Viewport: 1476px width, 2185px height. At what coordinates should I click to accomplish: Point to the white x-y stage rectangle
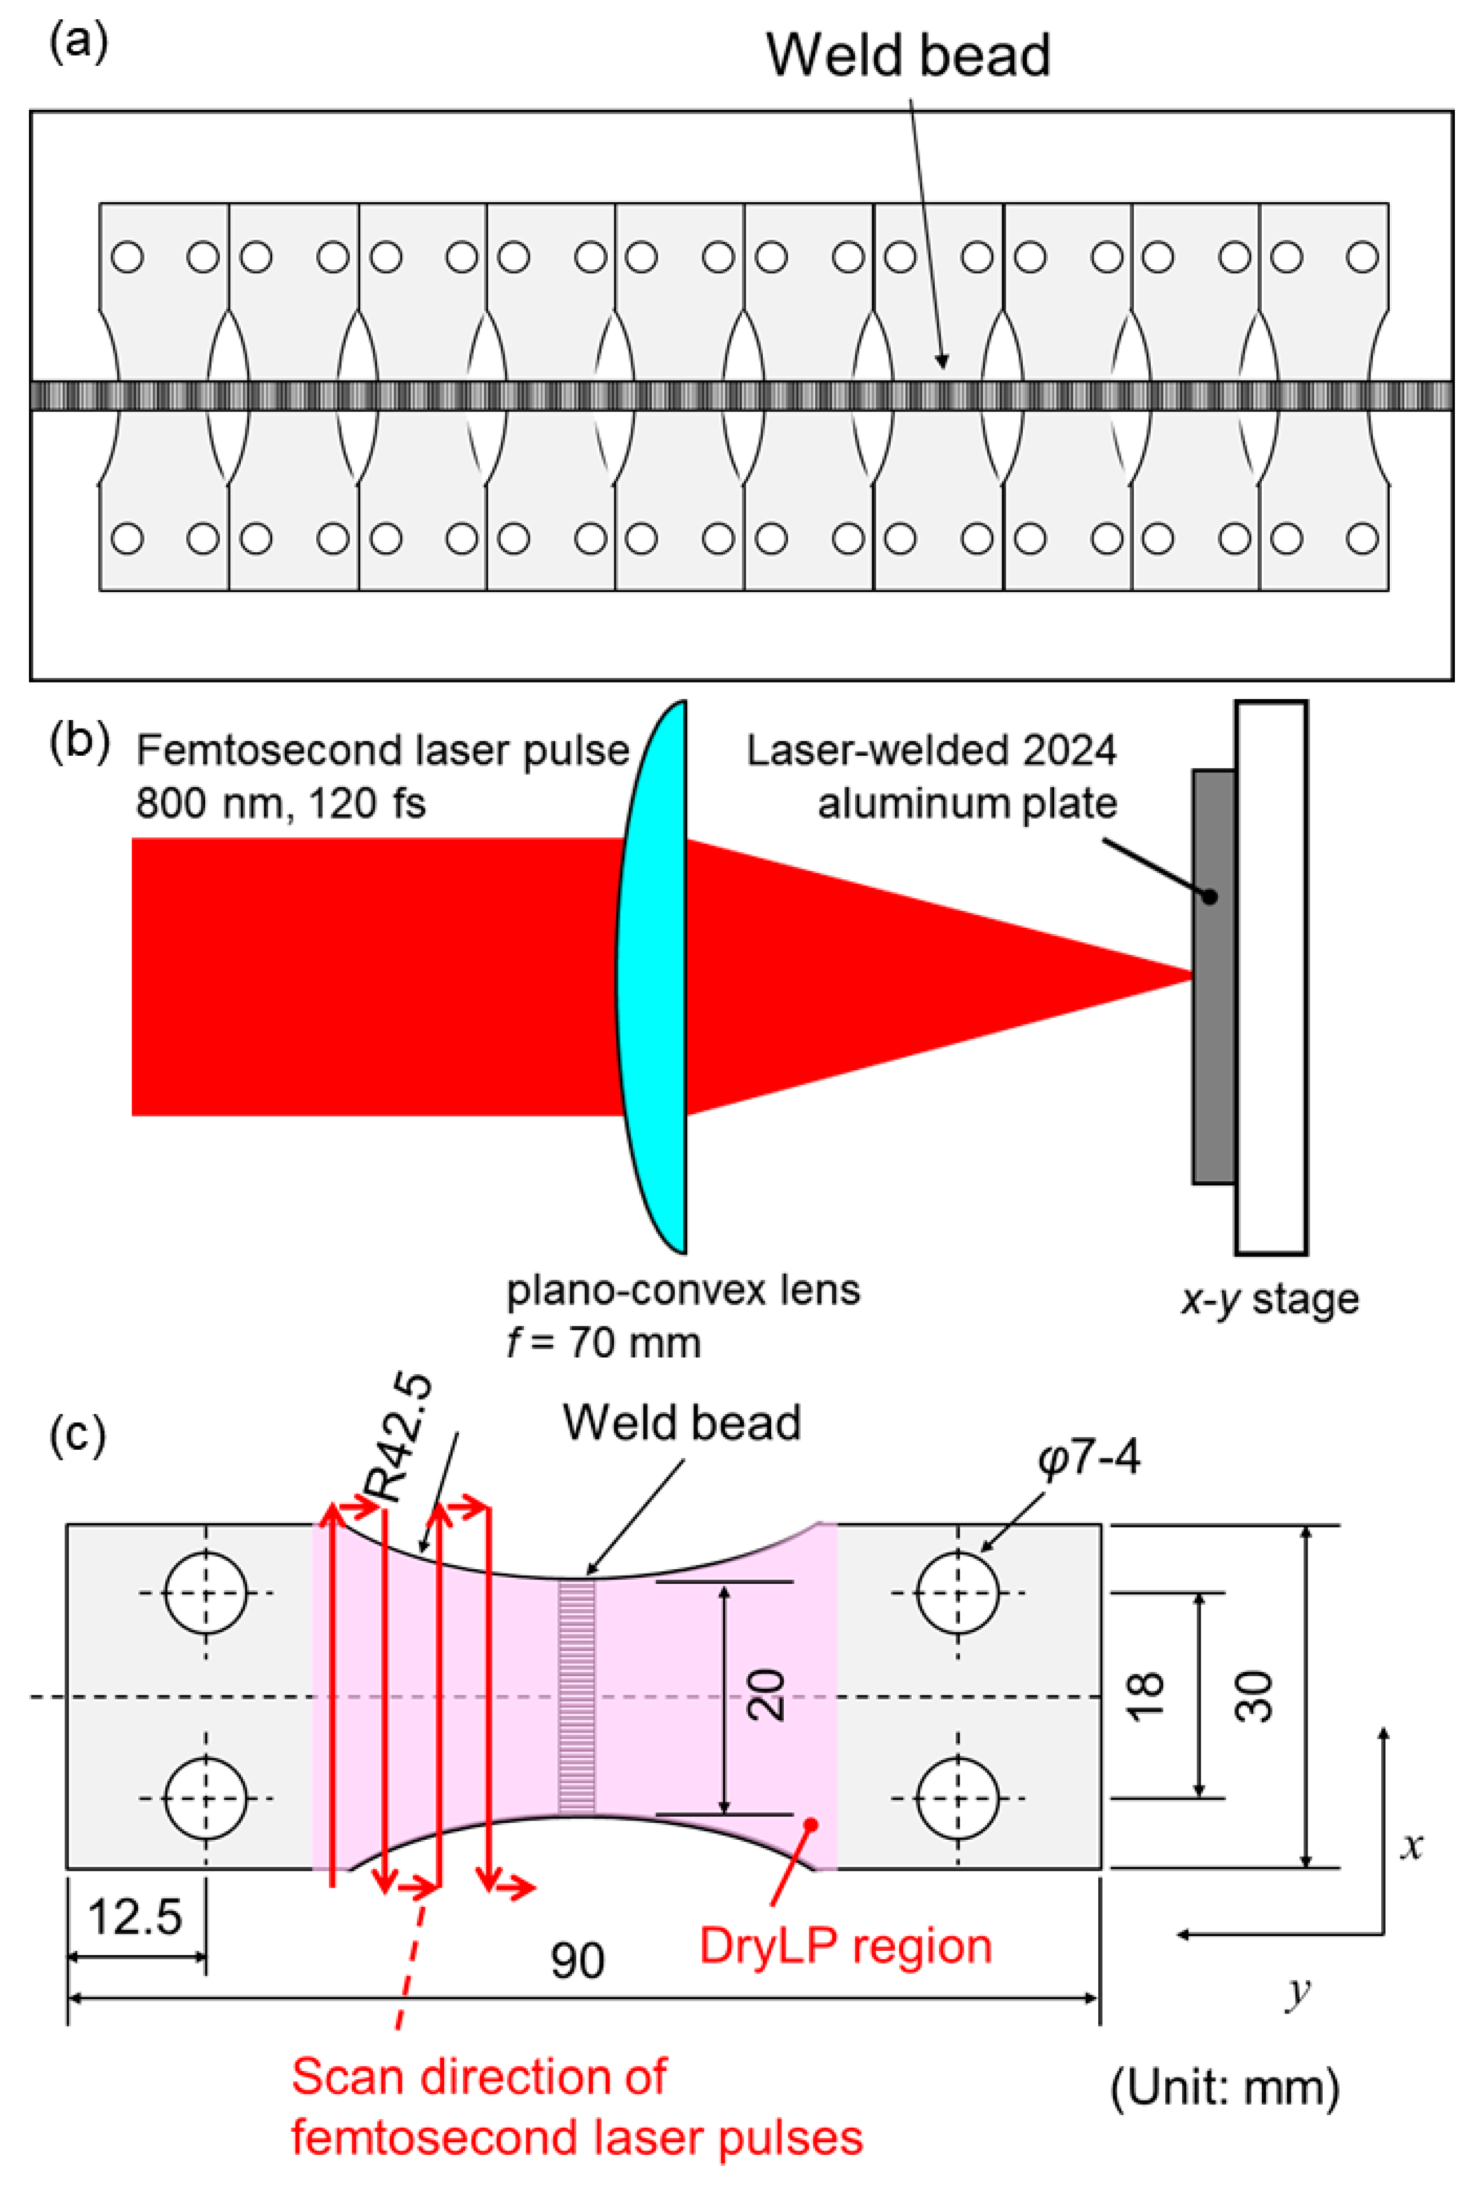coord(1271,978)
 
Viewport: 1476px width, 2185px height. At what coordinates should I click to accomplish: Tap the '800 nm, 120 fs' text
coord(280,804)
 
